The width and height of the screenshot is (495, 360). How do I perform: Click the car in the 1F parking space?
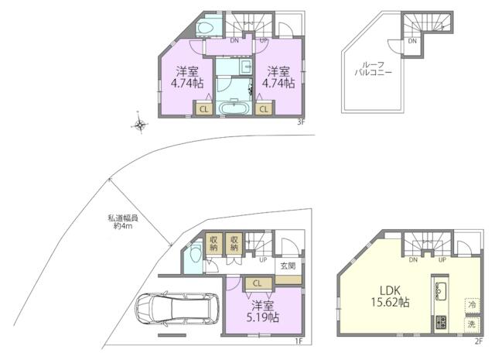177,309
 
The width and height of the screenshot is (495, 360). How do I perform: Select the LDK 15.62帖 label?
390,297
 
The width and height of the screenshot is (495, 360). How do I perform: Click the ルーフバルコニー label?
373,69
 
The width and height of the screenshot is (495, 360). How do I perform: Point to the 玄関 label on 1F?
288,266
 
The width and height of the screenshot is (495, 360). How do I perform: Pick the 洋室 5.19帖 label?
263,312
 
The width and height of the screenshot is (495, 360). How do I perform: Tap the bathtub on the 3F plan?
234,108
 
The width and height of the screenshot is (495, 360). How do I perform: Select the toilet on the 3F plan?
206,28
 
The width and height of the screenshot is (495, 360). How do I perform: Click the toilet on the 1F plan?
193,252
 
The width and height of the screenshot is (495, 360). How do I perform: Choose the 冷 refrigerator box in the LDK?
472,305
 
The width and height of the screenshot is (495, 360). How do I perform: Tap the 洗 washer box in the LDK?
472,324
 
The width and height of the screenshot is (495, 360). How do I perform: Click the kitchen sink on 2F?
440,291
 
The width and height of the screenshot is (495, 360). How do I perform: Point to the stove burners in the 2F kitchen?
441,322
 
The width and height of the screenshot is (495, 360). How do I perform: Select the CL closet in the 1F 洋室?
258,283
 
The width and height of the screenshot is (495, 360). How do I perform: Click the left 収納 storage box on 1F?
213,243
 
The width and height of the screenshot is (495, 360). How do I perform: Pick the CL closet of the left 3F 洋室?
203,109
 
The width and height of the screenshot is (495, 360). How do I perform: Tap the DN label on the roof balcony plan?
412,41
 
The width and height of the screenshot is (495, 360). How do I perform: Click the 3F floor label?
301,122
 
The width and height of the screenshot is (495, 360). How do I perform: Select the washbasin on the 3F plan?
246,67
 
